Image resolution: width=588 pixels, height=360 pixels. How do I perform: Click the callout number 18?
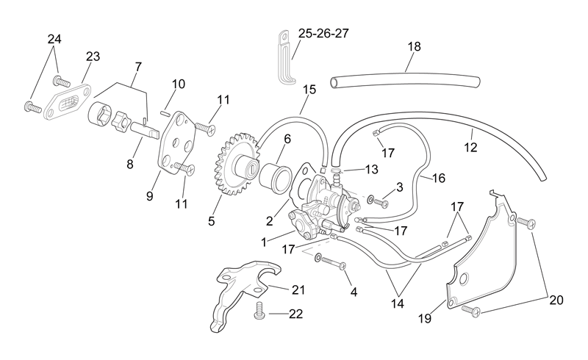(x=415, y=47)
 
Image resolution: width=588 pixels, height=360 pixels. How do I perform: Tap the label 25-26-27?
(x=323, y=33)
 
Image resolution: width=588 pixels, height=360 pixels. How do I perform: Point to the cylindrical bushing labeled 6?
(x=275, y=175)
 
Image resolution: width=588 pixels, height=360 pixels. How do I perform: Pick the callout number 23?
(x=93, y=57)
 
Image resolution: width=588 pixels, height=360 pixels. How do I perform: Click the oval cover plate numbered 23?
(x=68, y=102)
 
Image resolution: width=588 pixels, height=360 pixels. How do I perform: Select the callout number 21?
(x=298, y=290)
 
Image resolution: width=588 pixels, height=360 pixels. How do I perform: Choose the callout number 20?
(x=556, y=300)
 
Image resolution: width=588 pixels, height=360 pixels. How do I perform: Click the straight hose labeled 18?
(x=405, y=82)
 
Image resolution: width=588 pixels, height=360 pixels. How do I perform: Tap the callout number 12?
(x=470, y=148)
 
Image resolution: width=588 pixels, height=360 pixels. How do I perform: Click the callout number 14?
(x=398, y=303)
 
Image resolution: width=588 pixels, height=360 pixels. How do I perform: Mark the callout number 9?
(x=150, y=195)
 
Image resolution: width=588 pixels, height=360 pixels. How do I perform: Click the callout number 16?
(x=438, y=178)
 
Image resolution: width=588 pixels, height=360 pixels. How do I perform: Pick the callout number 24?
(x=54, y=39)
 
